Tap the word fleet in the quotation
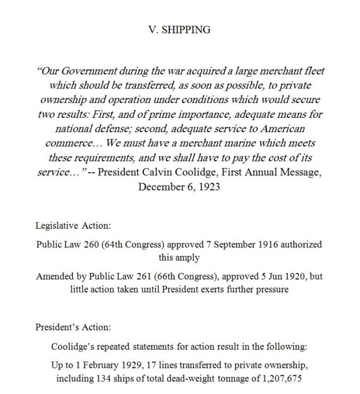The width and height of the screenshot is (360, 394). tap(313, 71)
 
